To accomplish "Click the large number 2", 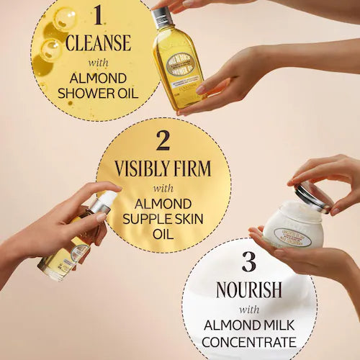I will pyautogui.click(x=163, y=139).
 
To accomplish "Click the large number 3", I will pyautogui.click(x=248, y=262).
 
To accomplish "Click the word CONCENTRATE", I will pyautogui.click(x=248, y=341).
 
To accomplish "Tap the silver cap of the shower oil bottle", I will pyautogui.click(x=162, y=16).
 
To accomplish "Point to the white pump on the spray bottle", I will pyautogui.click(x=104, y=202).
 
